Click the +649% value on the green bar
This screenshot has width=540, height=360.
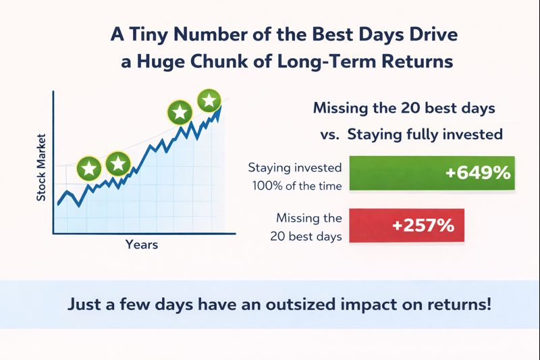point(478,172)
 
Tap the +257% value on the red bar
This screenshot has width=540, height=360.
point(423,226)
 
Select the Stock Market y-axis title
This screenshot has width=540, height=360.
point(41,168)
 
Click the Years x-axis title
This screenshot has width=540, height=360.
point(142,245)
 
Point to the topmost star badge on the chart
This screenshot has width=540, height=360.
point(209,101)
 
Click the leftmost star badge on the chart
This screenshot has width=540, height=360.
point(89,168)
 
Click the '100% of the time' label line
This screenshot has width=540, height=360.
point(297,186)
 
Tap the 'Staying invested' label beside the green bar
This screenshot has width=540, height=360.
point(295,168)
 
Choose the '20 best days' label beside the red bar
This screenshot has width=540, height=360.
point(306,236)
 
